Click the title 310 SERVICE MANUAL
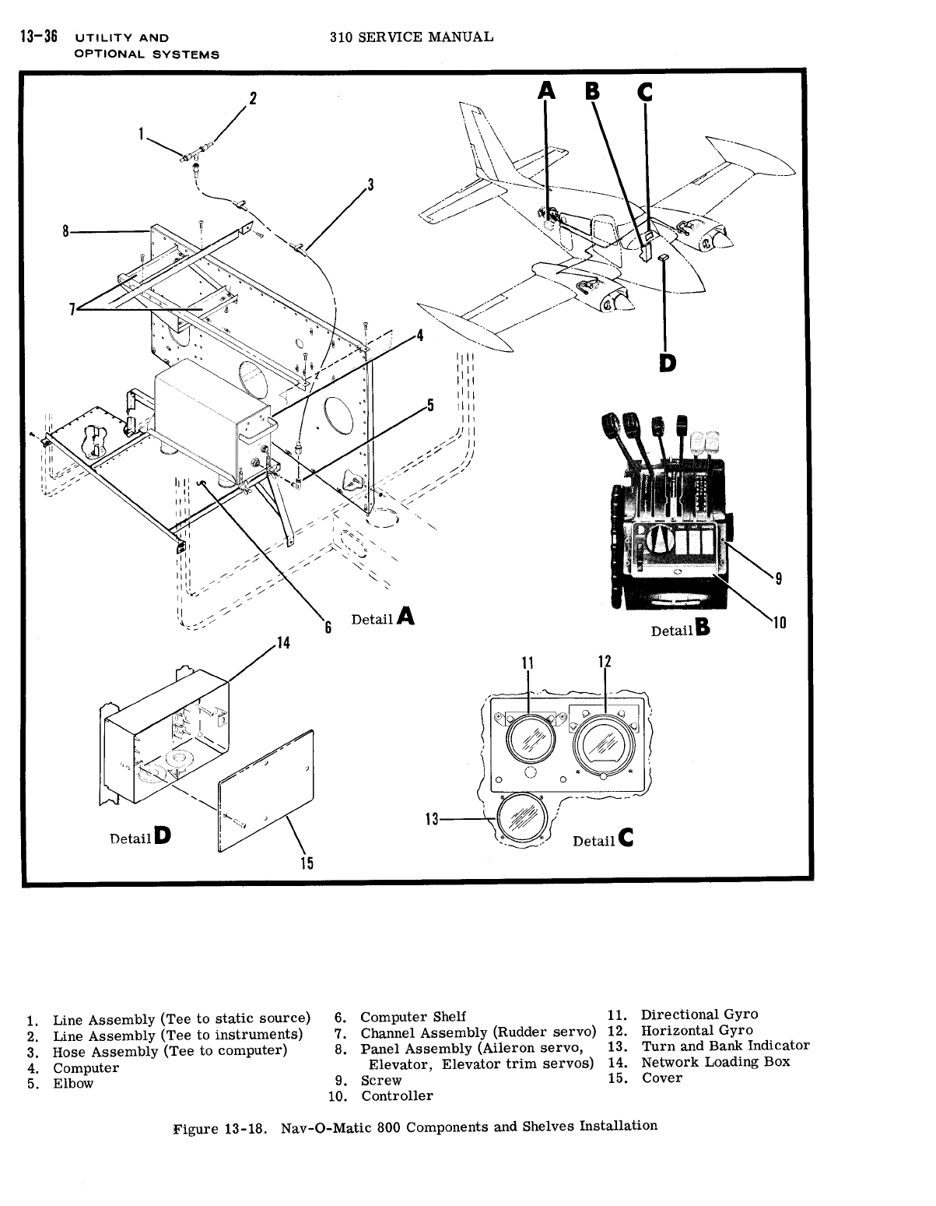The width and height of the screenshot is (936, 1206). coord(411,37)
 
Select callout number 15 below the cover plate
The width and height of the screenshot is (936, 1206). coord(306,862)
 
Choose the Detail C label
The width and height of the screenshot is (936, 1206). coord(603,840)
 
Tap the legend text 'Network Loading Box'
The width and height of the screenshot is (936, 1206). coord(715,1062)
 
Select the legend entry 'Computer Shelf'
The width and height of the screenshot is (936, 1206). coord(413,1016)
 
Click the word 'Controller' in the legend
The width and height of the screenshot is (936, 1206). coord(397,1095)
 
